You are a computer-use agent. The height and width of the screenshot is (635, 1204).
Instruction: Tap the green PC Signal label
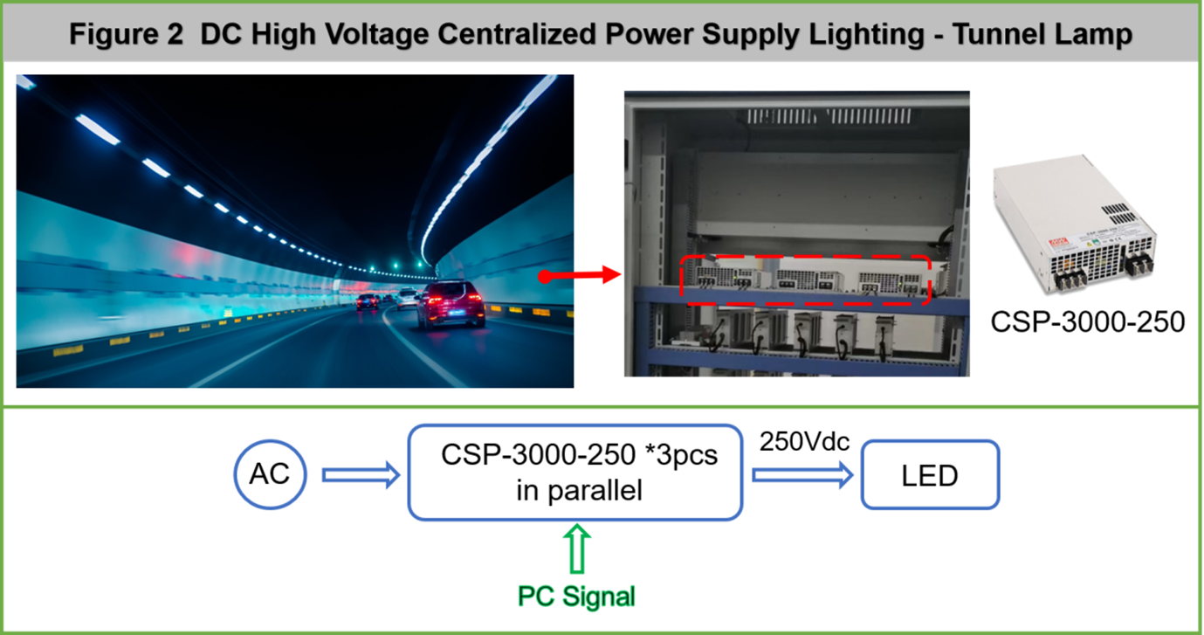coord(576,597)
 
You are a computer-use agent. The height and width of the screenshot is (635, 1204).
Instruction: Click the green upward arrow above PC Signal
coord(577,549)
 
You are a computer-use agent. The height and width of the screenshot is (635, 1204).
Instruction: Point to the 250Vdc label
coord(804,441)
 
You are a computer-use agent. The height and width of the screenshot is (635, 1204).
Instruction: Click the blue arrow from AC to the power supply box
coord(361,475)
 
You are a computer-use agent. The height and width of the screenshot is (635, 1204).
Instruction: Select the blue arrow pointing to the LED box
coord(802,475)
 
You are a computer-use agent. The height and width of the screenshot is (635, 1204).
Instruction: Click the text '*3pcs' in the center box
coord(680,455)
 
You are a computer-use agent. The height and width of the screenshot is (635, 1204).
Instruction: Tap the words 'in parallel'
coord(579,490)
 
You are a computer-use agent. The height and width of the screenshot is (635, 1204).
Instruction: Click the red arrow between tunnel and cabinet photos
coord(580,276)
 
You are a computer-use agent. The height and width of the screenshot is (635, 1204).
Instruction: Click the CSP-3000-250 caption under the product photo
coord(1087,321)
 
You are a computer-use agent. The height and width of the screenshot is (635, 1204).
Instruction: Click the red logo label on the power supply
coord(1058,244)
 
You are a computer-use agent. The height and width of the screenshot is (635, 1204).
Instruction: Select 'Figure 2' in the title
coord(127,34)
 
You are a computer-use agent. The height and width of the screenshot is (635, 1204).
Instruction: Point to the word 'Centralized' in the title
coord(517,34)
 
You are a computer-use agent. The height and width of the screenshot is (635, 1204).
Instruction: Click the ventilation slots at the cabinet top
coord(829,116)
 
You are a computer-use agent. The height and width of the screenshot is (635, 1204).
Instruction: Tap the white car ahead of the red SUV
coord(407,299)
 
